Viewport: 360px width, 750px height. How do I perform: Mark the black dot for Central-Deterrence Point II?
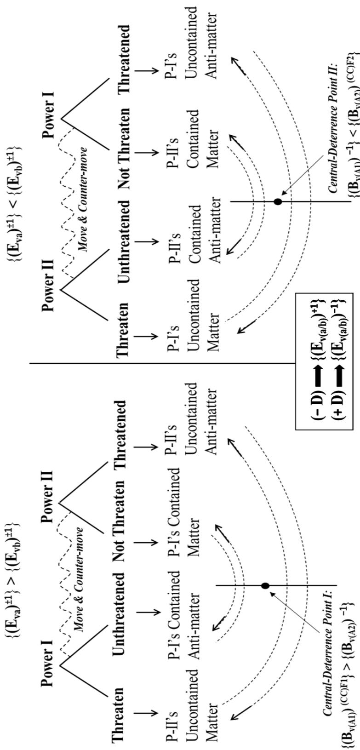pyautogui.click(x=278, y=201)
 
